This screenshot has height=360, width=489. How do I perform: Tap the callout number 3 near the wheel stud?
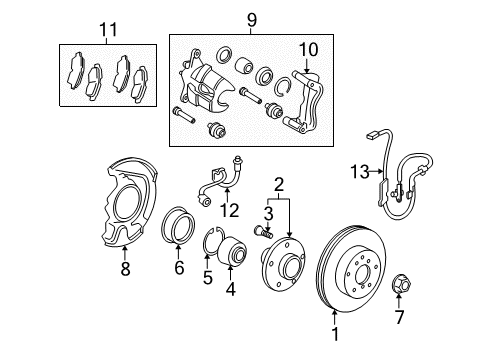pyautogui.click(x=268, y=212)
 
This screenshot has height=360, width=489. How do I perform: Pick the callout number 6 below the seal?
pyautogui.click(x=180, y=269)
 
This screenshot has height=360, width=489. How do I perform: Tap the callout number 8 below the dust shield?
pyautogui.click(x=124, y=268)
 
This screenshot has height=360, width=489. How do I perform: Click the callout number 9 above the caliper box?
pyautogui.click(x=251, y=19)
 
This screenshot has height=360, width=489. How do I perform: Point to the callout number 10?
pyautogui.click(x=307, y=49)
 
